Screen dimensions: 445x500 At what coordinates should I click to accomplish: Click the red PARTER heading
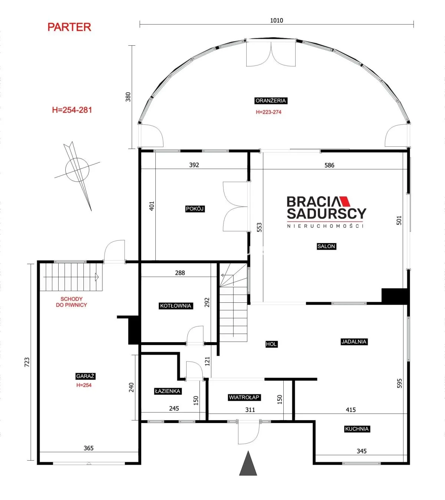coord(69,27)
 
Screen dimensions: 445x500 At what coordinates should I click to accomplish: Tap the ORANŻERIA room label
coord(271,101)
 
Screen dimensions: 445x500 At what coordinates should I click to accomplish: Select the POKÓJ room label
coord(195,209)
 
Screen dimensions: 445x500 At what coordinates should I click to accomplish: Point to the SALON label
coord(326,246)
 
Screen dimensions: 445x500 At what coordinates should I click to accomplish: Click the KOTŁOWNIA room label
coord(176,306)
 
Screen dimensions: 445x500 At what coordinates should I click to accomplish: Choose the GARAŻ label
coord(85,376)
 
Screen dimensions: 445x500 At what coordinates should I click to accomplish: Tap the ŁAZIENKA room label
coord(168,391)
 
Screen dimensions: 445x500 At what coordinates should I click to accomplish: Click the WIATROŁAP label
coord(244,397)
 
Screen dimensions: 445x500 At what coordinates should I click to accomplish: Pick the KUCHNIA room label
coord(357,429)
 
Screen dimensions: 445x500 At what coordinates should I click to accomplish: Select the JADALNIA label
coord(354,341)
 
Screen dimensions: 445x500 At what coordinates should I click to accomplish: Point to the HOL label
coord(271,344)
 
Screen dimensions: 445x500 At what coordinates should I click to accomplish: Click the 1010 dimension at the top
coord(277,20)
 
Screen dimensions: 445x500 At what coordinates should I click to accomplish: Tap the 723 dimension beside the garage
coord(27,362)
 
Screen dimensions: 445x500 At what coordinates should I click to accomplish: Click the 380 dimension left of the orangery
coord(128,97)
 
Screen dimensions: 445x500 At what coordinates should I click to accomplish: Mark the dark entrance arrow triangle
coord(248,463)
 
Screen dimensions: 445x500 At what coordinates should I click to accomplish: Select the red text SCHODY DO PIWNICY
coord(72,302)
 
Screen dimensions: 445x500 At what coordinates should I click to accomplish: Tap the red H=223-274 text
coord(268,112)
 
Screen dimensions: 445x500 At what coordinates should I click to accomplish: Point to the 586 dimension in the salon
coord(329,165)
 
